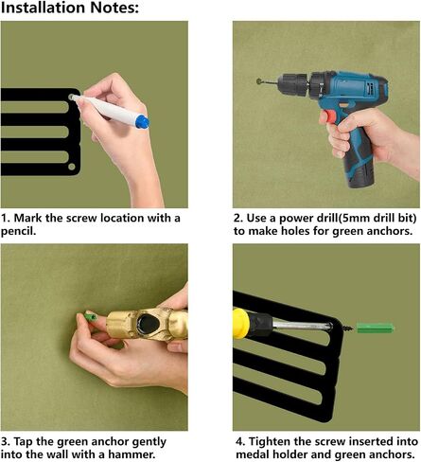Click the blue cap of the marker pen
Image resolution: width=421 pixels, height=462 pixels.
(142, 122)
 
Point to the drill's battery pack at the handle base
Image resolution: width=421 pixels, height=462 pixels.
(361, 172)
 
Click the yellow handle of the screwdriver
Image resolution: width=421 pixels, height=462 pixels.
(241, 323)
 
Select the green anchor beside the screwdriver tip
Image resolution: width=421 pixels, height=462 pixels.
(375, 328)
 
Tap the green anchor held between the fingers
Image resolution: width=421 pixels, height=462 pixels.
(90, 316)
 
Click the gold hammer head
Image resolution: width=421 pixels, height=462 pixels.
(147, 325)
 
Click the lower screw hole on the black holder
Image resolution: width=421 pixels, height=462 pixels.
(72, 167)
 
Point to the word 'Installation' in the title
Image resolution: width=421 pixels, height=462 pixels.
(44, 8)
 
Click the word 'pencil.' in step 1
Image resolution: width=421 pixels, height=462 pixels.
(18, 231)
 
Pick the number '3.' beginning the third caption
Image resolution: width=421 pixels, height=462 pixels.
(6, 441)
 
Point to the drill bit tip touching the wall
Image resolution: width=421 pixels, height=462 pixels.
(259, 81)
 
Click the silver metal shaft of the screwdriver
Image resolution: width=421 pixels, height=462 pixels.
(302, 325)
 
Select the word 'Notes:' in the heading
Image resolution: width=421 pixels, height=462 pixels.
(114, 8)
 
